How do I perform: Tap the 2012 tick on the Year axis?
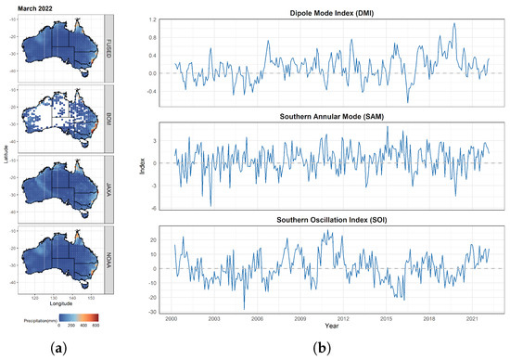point(343,317)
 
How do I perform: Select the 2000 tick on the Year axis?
point(172,317)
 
